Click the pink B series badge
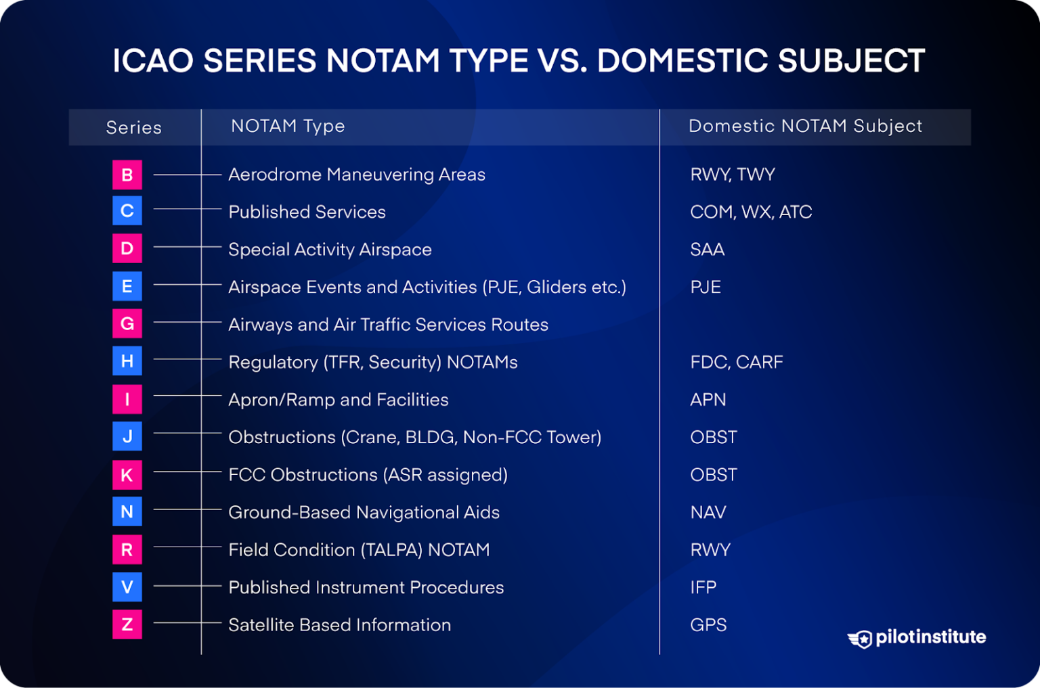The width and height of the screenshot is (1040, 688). tap(127, 175)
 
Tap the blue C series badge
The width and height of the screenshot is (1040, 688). tap(127, 211)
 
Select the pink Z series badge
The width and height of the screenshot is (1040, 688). tap(127, 624)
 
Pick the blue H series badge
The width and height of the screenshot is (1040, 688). tap(127, 361)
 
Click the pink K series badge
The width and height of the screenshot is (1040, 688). tap(127, 475)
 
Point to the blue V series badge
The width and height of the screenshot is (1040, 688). tap(127, 587)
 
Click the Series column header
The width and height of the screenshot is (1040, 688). tap(134, 127)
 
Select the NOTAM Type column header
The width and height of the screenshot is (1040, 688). tap(288, 127)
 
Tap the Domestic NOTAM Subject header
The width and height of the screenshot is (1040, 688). tap(805, 127)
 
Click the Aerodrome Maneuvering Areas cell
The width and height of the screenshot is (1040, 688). tap(357, 175)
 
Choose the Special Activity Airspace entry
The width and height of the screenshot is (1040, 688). tap(330, 250)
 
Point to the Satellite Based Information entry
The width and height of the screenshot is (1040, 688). tap(339, 624)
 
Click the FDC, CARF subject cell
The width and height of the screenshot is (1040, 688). tap(737, 362)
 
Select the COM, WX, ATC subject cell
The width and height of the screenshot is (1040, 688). tap(751, 212)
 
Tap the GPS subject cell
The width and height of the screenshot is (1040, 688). tap(708, 624)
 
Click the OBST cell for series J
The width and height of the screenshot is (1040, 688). tap(714, 437)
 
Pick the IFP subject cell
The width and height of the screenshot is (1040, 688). tap(703, 587)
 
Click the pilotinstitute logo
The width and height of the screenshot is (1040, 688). tap(917, 637)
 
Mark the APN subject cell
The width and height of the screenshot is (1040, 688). tap(708, 400)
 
